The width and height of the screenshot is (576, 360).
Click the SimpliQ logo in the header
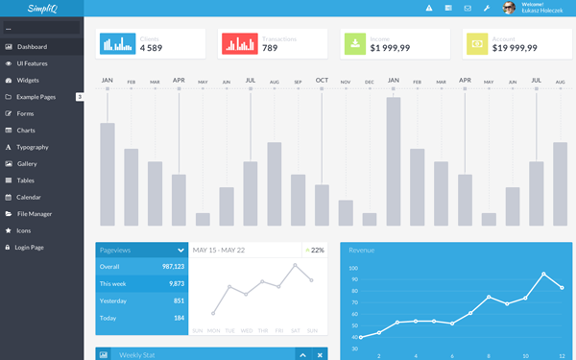[x=42, y=9]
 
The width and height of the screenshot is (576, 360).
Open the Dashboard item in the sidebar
[x=32, y=46]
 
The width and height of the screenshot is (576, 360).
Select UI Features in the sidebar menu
[x=32, y=63]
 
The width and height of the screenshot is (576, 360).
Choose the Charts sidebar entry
[x=26, y=130]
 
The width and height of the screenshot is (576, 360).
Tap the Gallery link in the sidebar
[x=27, y=163]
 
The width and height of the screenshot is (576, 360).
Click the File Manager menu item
[x=34, y=213]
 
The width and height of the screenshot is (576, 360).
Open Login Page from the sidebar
[x=29, y=247]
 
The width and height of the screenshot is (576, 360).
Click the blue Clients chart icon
[x=118, y=43]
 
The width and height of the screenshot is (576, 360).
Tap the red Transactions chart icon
[x=240, y=43]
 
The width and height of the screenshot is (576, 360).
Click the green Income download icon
[x=354, y=43]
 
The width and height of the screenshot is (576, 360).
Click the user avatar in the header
[x=509, y=9]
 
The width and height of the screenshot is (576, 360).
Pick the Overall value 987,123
[x=173, y=266]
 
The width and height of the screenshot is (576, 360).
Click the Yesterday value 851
[x=179, y=300]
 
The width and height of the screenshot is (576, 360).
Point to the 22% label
[x=316, y=250]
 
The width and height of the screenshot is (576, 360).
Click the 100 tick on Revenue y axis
[x=353, y=269]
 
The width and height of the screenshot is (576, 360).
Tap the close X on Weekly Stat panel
[x=320, y=355]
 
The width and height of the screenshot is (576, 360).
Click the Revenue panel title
[x=362, y=250]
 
